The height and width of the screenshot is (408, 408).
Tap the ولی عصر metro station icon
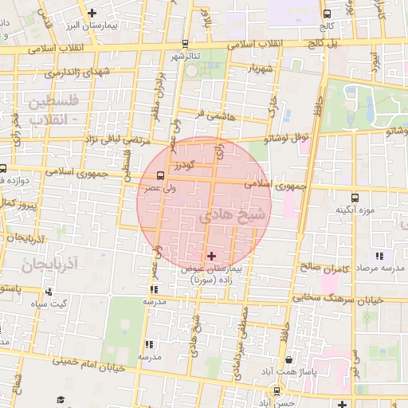click(161, 175)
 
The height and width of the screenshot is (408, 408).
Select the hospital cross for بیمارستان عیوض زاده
click(211, 256)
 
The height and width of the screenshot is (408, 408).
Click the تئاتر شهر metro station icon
click(185, 44)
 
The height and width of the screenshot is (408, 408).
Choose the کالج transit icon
click(327, 14)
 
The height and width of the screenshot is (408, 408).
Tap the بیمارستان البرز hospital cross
click(92, 13)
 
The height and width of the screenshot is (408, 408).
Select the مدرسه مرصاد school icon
click(379, 256)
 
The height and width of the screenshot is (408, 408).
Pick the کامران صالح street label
click(325, 269)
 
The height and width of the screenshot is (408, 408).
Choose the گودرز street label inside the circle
click(182, 163)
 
